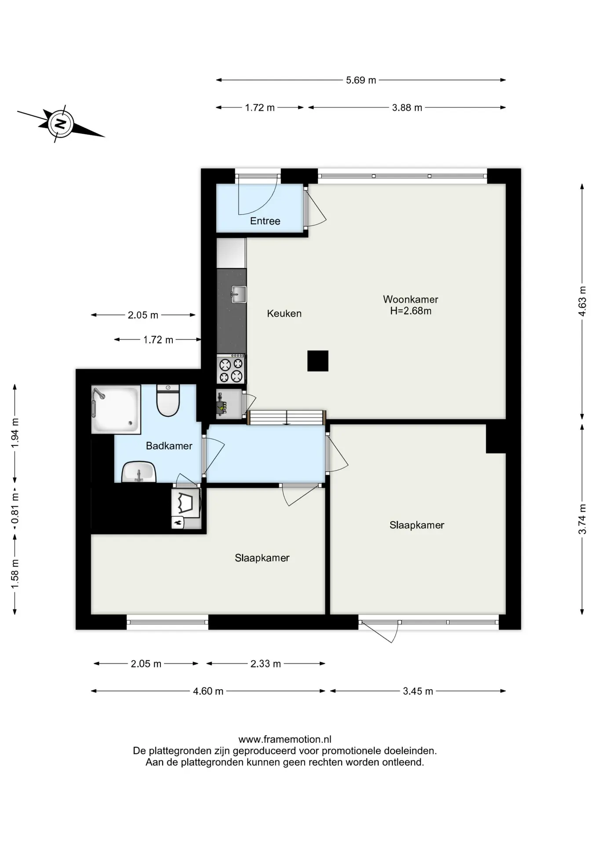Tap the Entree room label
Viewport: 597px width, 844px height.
(x=265, y=221)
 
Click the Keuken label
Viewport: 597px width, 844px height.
(x=284, y=313)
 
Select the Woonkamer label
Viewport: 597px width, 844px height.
(x=411, y=299)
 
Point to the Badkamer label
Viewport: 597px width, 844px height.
(x=169, y=446)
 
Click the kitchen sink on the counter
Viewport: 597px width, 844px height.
(x=239, y=294)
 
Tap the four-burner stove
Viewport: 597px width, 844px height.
(x=231, y=369)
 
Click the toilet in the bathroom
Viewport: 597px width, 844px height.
(x=168, y=400)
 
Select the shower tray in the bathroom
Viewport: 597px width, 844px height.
(x=116, y=409)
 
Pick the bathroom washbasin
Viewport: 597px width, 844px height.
(x=139, y=472)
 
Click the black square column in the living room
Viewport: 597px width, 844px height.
(x=318, y=361)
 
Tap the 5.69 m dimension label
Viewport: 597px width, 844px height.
(x=361, y=80)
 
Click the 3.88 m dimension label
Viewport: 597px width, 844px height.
(x=407, y=107)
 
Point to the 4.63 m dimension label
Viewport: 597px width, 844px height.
(x=582, y=301)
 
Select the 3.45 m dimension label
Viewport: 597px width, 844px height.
(x=418, y=691)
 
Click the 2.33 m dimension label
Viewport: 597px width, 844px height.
(x=266, y=664)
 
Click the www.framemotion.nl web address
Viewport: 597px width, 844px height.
(x=285, y=739)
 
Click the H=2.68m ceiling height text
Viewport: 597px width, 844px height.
(x=411, y=311)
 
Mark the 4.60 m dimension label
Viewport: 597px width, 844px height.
(x=208, y=691)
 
